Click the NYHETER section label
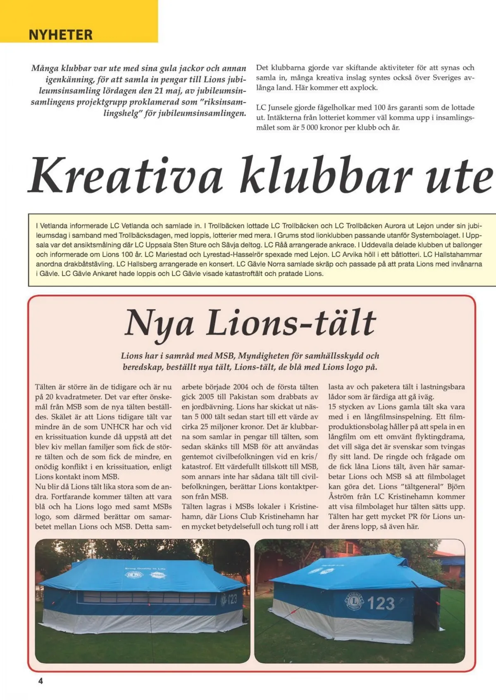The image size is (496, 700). click(60, 34)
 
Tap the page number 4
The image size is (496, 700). click(41, 681)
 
